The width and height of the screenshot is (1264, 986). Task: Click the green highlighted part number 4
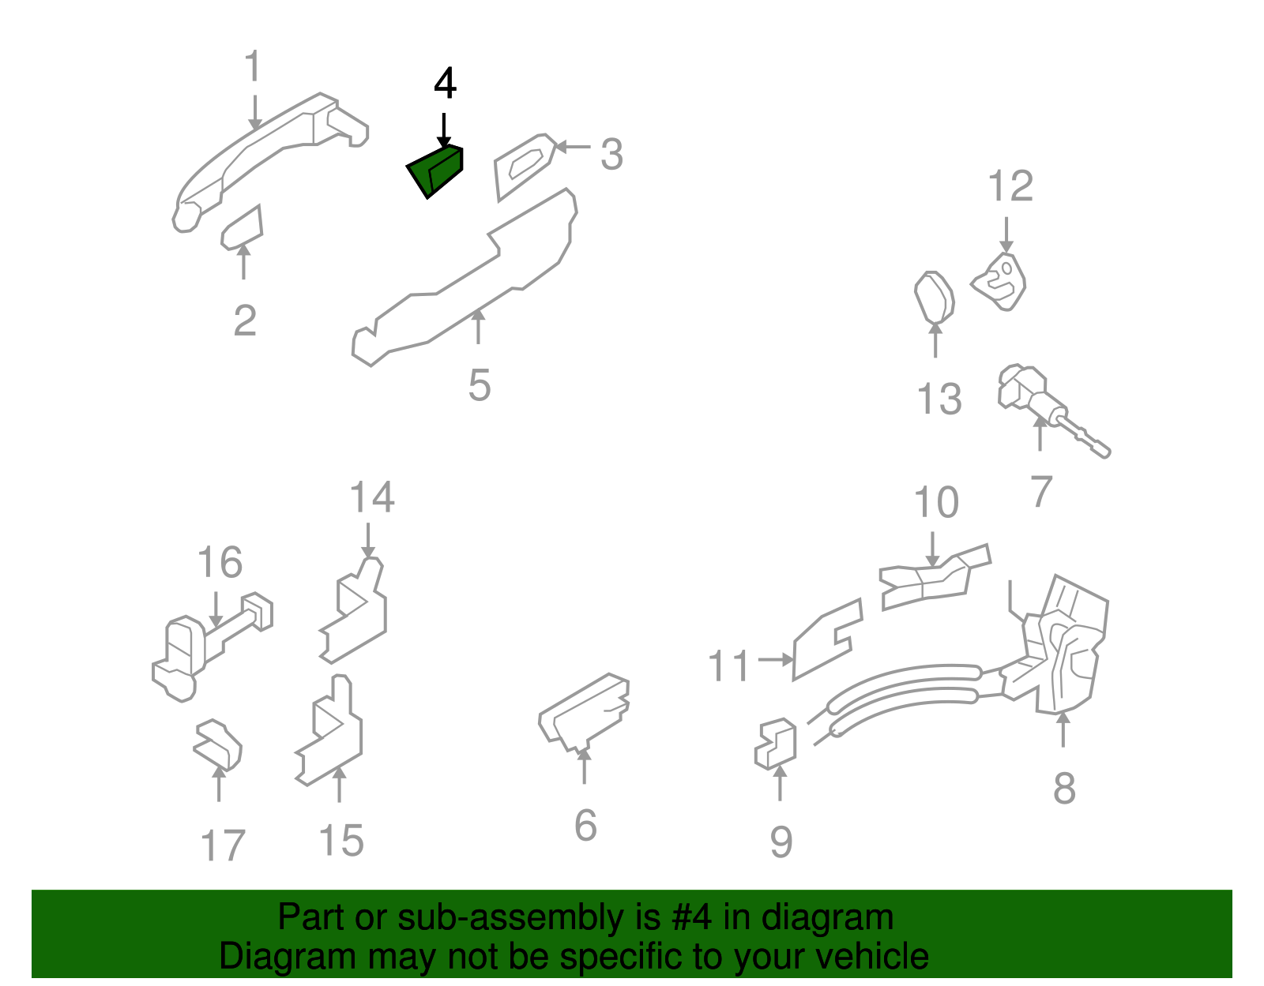point(436,171)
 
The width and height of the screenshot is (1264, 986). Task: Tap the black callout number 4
point(445,84)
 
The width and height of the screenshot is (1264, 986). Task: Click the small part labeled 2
point(243,228)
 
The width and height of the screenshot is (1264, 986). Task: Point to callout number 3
point(611,154)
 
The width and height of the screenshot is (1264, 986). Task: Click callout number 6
point(585,826)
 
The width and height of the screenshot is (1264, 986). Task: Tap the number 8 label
point(1064,788)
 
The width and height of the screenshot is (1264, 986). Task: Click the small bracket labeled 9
point(776,744)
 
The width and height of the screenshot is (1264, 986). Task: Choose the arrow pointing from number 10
point(933,549)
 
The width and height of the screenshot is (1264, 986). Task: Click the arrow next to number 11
point(775,658)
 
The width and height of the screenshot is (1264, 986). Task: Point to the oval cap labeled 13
point(935,298)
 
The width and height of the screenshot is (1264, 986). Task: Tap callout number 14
point(371,497)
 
